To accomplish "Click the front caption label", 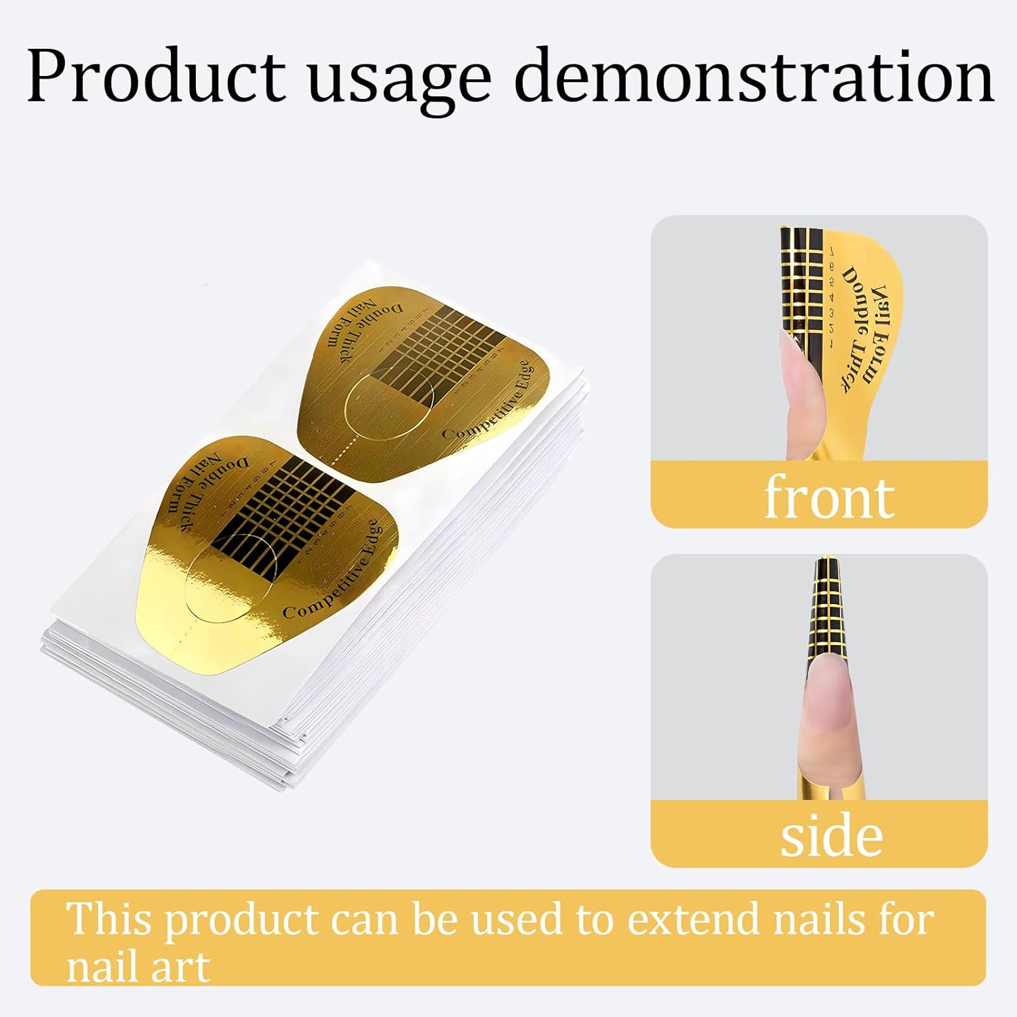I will (x=829, y=497).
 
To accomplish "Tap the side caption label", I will (x=831, y=836).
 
